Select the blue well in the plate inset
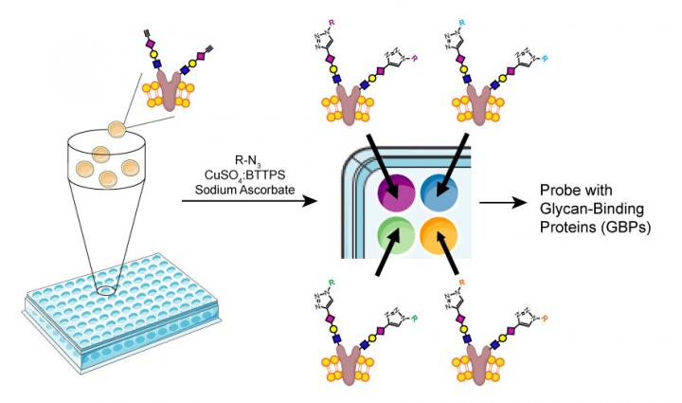[437, 189]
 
